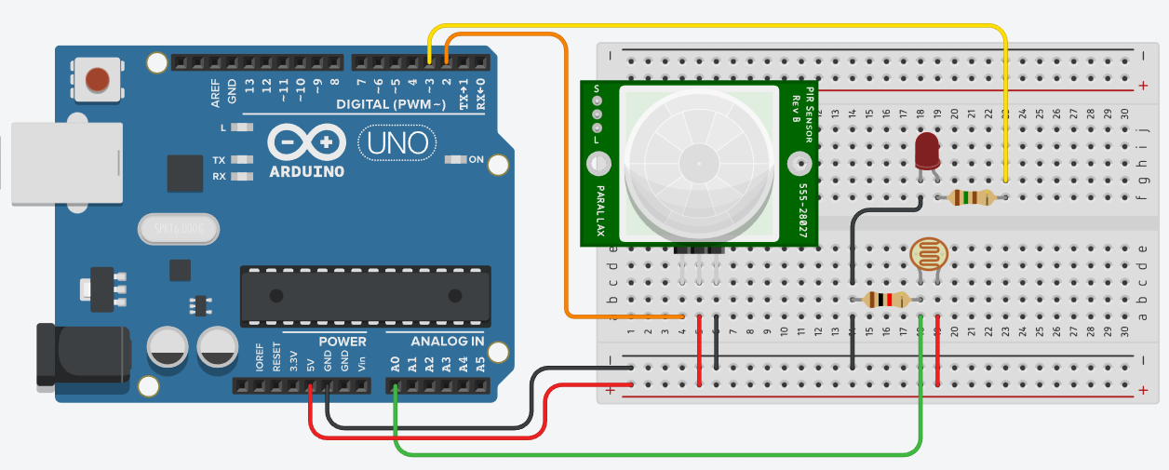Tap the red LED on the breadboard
coord(927,151)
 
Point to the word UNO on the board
coord(397,142)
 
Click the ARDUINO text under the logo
coord(306,172)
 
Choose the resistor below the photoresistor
coord(886,300)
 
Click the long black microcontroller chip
coord(365,296)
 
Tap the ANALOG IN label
coord(435,342)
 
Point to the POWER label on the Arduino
coord(342,342)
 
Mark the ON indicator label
coord(476,160)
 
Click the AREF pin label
coord(216,90)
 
